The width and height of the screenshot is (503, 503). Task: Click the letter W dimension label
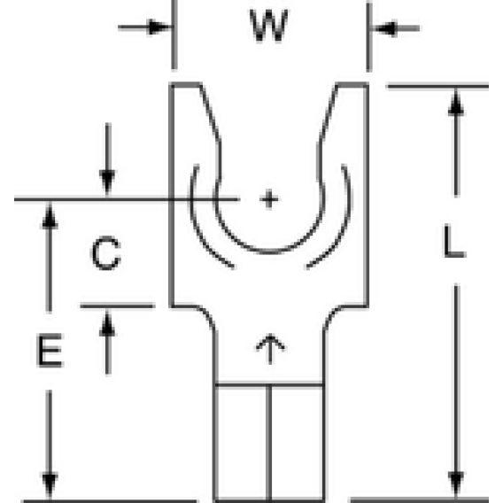[x=269, y=26]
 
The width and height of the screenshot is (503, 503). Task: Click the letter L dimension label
[x=454, y=241]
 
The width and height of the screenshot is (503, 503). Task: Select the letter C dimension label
[x=106, y=253]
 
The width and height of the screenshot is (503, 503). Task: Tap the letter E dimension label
[x=50, y=351]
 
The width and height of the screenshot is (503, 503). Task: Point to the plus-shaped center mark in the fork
[x=269, y=199]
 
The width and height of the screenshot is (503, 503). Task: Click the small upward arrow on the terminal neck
[x=270, y=349]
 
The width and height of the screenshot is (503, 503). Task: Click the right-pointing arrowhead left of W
[x=159, y=27]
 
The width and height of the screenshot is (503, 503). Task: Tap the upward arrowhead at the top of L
[x=456, y=103]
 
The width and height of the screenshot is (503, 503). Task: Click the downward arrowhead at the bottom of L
[x=456, y=484]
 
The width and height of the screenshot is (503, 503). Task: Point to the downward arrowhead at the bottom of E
[x=50, y=485]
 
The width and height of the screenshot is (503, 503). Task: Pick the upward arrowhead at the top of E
[x=50, y=216]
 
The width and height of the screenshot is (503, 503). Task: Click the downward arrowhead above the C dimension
[x=107, y=182]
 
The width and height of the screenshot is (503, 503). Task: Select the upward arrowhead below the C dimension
[x=107, y=324]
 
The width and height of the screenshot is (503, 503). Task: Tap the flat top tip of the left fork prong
[x=186, y=85]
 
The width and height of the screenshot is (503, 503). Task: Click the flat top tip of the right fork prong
[x=352, y=85]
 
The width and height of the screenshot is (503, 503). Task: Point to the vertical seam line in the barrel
[x=269, y=443]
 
